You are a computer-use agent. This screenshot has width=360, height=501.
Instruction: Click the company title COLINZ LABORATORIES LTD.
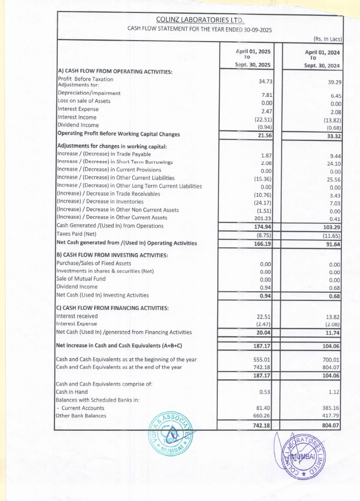click(x=200, y=20)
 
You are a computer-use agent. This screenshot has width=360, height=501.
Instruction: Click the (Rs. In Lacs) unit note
click(x=328, y=38)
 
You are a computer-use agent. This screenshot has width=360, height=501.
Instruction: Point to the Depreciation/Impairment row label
click(x=89, y=93)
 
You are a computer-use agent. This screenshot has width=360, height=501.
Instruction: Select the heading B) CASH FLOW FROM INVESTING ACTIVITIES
click(x=112, y=255)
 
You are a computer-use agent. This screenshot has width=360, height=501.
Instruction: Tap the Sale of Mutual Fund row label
click(x=81, y=279)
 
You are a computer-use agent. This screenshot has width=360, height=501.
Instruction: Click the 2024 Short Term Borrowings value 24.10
click(x=332, y=163)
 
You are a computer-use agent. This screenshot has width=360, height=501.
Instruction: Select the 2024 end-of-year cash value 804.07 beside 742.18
click(x=331, y=367)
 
